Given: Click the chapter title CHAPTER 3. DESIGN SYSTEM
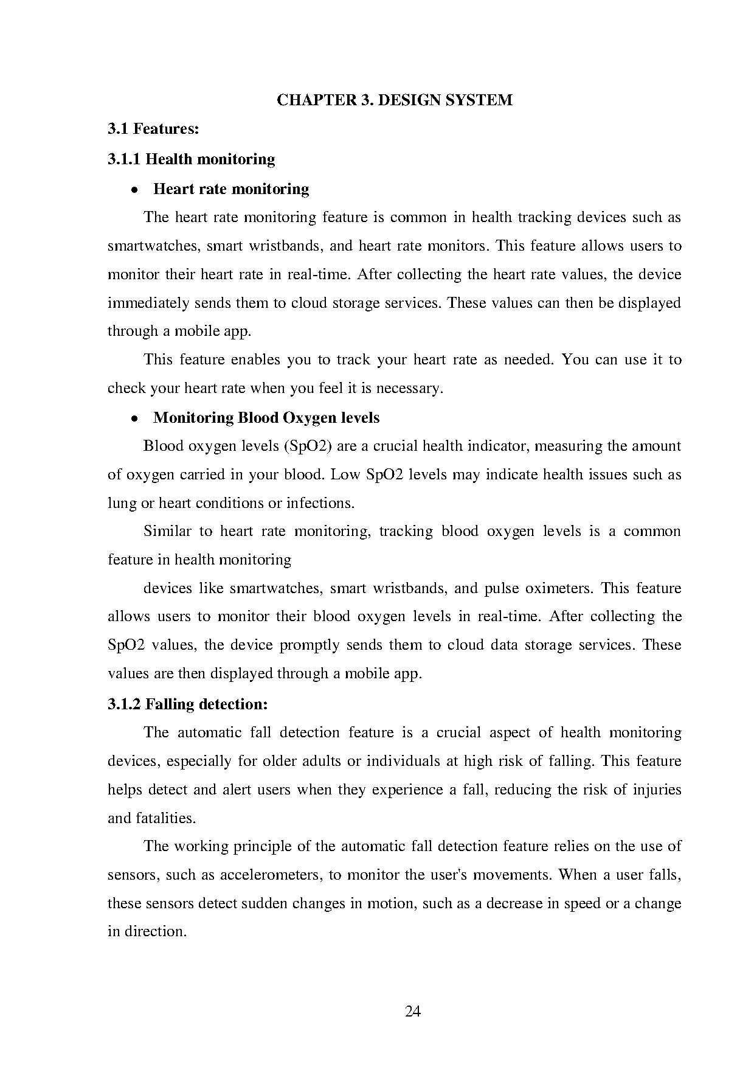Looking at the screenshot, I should [x=395, y=100].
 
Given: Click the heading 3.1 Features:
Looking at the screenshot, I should [x=153, y=129].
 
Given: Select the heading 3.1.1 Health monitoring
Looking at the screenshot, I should [x=191, y=159].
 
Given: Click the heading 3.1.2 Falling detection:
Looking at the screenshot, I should [x=187, y=704].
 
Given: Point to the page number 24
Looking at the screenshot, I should [x=413, y=1012].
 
